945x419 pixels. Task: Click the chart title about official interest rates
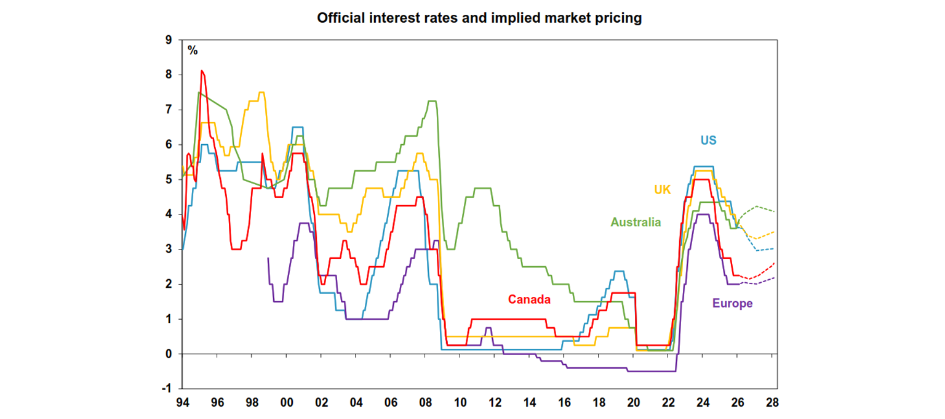479,18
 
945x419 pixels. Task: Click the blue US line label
708,140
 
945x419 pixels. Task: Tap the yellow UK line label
662,190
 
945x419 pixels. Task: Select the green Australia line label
636,222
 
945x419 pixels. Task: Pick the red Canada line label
528,299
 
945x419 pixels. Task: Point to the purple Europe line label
732,303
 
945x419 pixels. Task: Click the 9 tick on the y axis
169,40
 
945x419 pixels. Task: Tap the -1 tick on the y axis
167,389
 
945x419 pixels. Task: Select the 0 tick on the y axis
169,354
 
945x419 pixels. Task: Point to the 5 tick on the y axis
169,180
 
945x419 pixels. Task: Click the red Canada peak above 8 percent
202,71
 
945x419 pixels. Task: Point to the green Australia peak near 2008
432,101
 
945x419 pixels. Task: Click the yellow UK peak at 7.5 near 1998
261,92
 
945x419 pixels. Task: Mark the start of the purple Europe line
268,258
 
